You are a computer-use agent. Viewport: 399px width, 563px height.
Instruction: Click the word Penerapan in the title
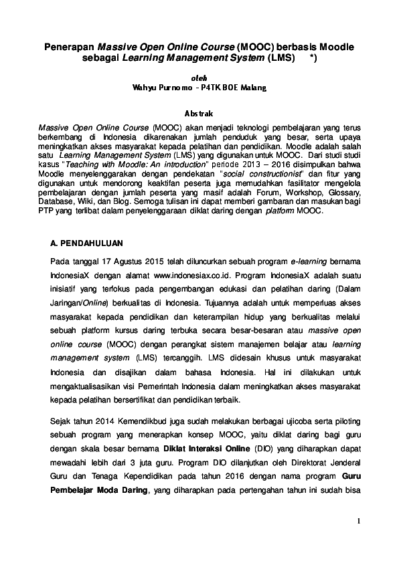click(70, 48)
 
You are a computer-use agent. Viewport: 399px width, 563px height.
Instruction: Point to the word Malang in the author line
click(254, 87)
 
